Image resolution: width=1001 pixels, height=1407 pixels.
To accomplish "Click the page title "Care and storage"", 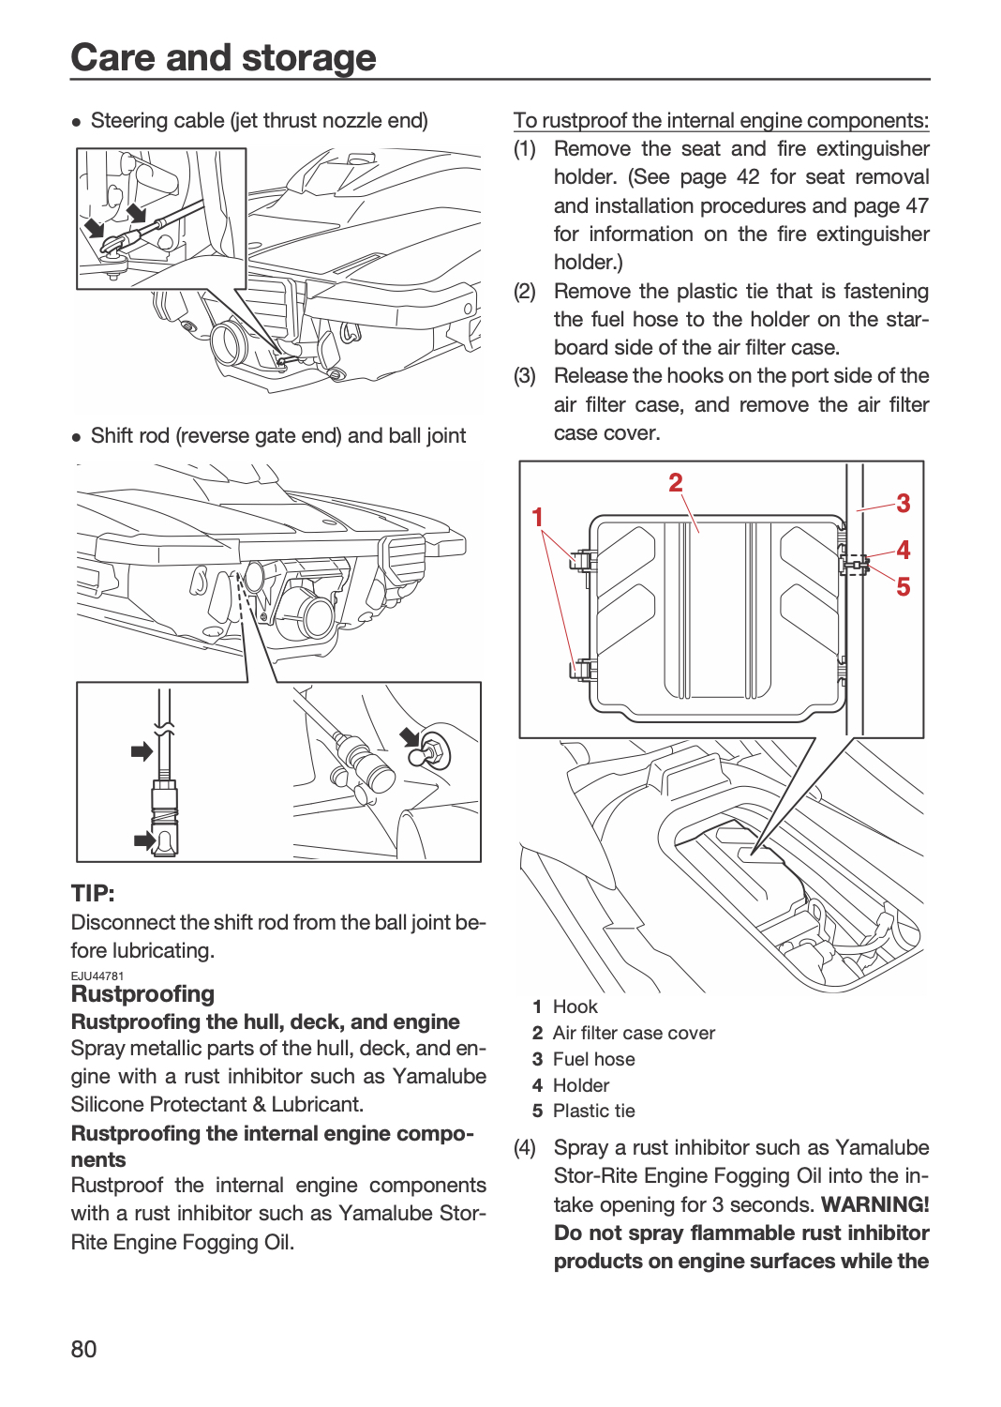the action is point(223,57).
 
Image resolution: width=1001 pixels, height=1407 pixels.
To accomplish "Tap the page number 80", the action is point(83,1349).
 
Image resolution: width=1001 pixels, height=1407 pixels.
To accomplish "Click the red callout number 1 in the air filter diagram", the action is point(537,517).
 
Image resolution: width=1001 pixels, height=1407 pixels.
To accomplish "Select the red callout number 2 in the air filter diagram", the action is point(675,482).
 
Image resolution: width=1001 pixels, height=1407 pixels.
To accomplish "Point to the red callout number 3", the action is point(904,503).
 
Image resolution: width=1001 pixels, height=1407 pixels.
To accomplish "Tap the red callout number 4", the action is point(904,551).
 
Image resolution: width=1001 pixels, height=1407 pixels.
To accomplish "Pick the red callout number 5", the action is point(904,586).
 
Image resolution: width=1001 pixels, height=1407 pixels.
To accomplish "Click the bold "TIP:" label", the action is point(93,893).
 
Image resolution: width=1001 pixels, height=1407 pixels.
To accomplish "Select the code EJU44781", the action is point(97,976).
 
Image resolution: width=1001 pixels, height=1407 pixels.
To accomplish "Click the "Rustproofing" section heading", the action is point(143,994).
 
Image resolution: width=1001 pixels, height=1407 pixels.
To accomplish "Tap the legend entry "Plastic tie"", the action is point(593,1112).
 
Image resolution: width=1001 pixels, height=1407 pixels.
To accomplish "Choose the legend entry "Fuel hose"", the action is point(593,1059).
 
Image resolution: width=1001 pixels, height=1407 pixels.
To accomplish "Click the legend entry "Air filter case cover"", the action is point(634,1034).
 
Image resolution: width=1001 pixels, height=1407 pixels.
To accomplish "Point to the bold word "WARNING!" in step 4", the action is point(874,1204).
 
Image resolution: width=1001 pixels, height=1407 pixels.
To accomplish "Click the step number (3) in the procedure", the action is point(525,375).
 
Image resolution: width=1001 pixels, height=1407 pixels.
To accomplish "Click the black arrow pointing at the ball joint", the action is point(411,736).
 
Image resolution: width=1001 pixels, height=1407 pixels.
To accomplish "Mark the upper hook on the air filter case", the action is point(583,559).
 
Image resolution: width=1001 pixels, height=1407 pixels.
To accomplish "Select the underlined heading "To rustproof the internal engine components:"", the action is point(721,120).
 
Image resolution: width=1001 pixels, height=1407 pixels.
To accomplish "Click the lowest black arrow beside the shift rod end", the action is point(144,840).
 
